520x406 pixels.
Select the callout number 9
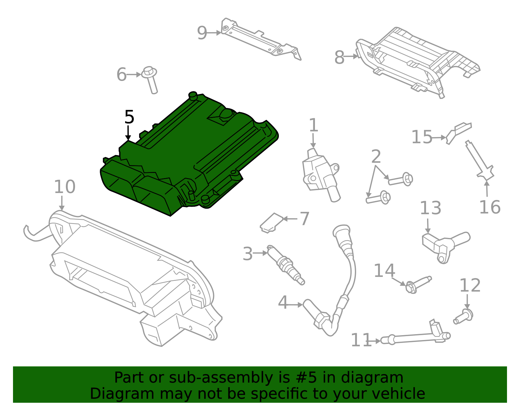202,33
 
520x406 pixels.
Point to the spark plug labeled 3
286,265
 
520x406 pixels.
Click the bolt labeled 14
418,283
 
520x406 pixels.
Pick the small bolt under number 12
464,316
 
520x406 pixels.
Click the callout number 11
361,340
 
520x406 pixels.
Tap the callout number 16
490,207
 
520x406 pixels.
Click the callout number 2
376,157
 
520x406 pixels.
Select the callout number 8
339,58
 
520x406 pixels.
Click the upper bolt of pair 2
401,179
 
